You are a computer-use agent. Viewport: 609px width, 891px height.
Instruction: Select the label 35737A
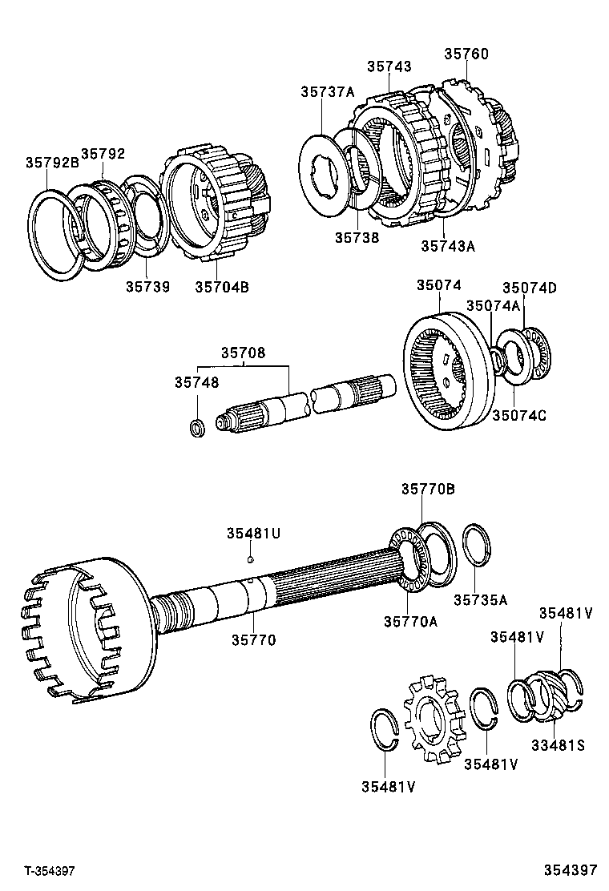[327, 92]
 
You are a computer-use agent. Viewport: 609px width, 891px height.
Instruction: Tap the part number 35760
[466, 54]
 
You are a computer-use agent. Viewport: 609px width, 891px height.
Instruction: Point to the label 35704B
[221, 286]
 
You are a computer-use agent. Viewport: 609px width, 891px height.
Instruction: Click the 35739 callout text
[147, 286]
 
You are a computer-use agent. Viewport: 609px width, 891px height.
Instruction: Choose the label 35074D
[529, 288]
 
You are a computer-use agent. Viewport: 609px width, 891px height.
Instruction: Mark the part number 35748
[196, 383]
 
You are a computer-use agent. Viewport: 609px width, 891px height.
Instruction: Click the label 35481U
[252, 533]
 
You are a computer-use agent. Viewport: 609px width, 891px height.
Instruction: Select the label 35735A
[481, 599]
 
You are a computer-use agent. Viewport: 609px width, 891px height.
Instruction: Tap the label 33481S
[558, 745]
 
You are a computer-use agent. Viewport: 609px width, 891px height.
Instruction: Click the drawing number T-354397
[49, 870]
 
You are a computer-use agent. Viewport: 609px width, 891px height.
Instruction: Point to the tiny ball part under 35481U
[251, 559]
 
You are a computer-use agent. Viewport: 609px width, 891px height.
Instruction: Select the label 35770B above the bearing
[428, 489]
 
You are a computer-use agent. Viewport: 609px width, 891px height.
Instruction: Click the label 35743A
[448, 246]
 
